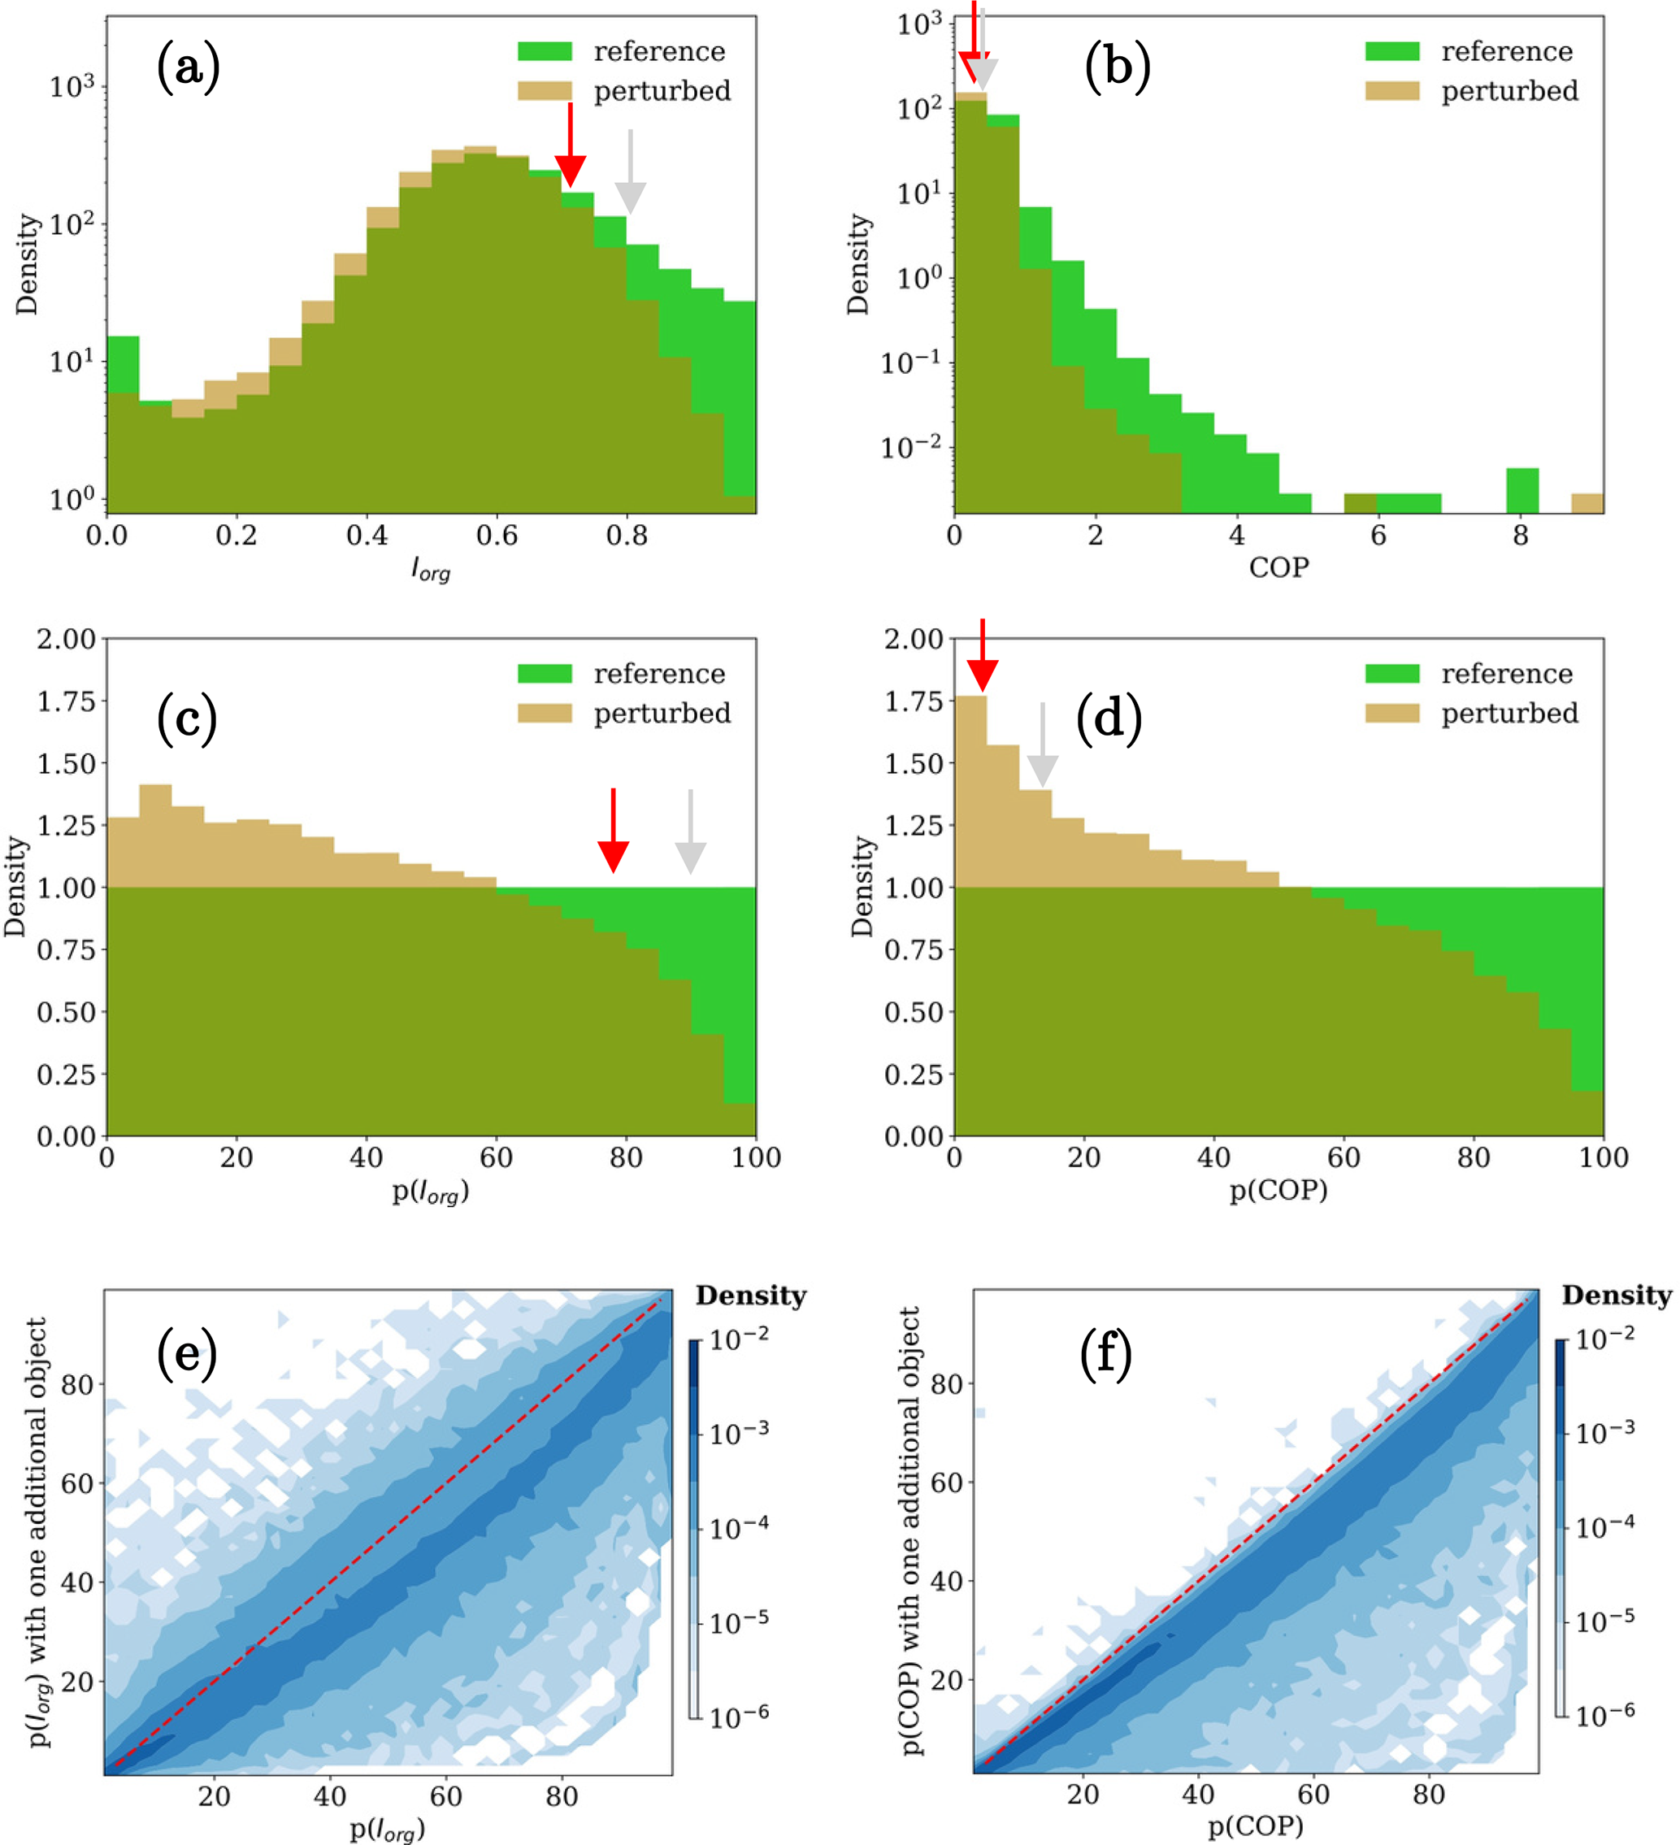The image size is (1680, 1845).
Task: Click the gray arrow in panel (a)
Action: (x=630, y=173)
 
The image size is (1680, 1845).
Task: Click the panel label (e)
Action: (x=187, y=1353)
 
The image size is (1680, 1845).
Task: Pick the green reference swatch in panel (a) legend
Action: (x=545, y=51)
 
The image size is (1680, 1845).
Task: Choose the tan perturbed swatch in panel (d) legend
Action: (x=1391, y=713)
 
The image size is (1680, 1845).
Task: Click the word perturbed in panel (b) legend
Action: (x=1510, y=90)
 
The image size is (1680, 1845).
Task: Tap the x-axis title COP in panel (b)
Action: (x=1278, y=567)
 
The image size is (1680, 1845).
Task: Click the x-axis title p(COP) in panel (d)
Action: (x=1278, y=1191)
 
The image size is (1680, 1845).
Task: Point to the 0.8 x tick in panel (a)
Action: (x=627, y=536)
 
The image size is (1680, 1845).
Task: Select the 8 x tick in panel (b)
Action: (x=1520, y=536)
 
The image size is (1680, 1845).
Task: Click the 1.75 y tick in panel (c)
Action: (x=66, y=701)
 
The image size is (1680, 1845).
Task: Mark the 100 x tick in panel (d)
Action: (x=1603, y=1157)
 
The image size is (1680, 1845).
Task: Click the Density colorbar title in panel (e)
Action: (x=750, y=1295)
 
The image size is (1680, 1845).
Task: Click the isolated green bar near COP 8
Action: (x=1522, y=489)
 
